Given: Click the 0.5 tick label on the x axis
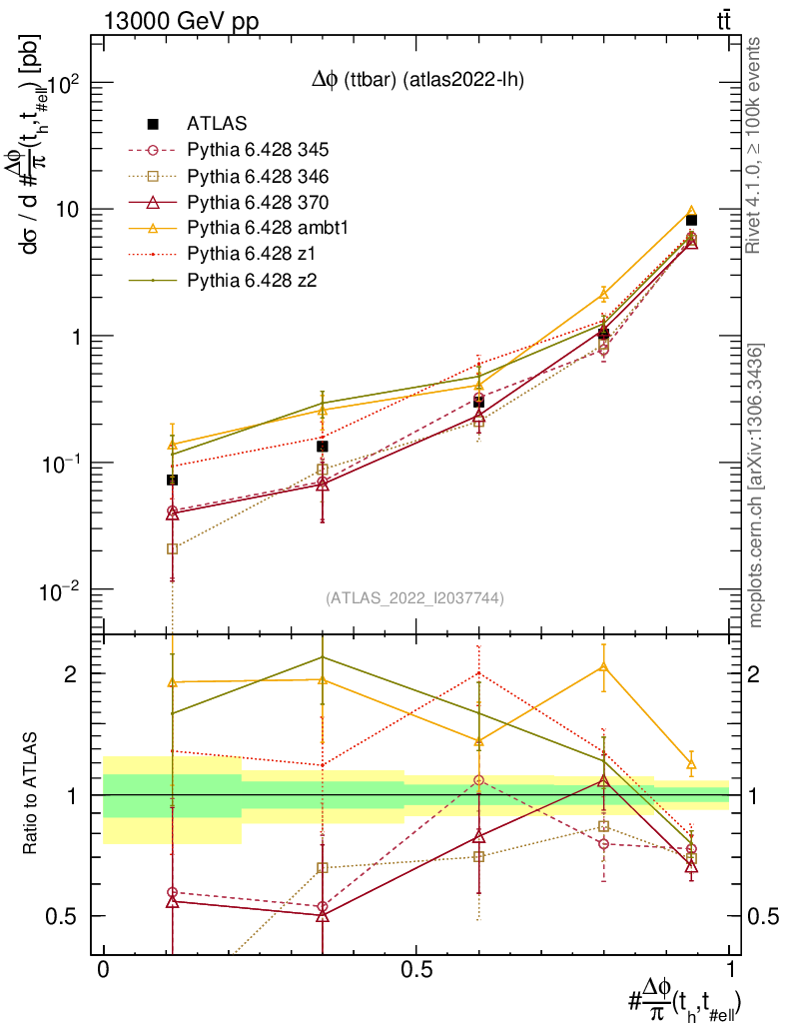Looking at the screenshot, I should click(x=415, y=970).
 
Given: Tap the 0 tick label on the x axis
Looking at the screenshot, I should click(x=103, y=970).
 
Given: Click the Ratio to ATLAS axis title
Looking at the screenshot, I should click(x=31, y=794).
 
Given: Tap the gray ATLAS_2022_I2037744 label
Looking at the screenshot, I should click(x=414, y=598).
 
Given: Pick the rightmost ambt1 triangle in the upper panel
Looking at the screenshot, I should click(x=691, y=212).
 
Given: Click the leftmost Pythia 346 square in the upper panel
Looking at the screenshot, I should click(x=173, y=548).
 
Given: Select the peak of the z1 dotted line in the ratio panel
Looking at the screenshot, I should click(x=479, y=672).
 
